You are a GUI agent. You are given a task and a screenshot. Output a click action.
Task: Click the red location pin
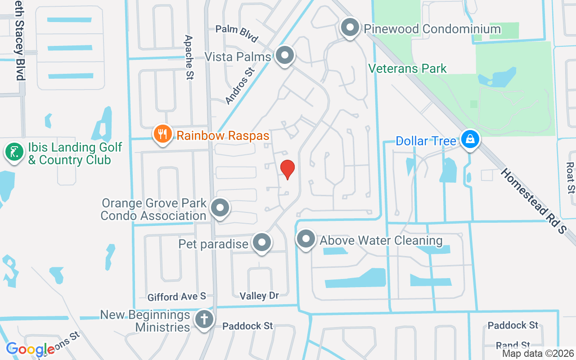click(x=288, y=169)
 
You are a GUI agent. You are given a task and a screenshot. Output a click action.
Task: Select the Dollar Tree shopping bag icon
click(x=470, y=139)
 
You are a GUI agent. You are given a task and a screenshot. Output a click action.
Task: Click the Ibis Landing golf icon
click(x=14, y=152)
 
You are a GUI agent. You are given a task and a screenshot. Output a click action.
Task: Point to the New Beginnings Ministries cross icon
click(x=204, y=320)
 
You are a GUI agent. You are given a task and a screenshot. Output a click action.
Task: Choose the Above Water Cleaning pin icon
click(x=306, y=239)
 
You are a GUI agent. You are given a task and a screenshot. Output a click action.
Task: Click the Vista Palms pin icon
click(x=284, y=56)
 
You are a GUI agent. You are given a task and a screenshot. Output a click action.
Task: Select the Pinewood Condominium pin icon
click(x=350, y=28)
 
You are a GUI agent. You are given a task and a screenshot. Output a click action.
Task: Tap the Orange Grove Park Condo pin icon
click(x=220, y=208)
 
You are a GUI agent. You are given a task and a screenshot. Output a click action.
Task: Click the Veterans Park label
click(x=407, y=68)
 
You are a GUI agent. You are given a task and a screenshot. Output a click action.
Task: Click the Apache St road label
click(x=189, y=57)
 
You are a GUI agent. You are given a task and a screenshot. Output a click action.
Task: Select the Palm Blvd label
click(x=236, y=33)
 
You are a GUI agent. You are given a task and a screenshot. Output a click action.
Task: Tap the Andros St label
click(x=240, y=86)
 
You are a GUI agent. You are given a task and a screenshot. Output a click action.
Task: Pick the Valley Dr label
click(x=259, y=296)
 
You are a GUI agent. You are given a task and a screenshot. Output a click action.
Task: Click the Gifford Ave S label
click(x=177, y=297)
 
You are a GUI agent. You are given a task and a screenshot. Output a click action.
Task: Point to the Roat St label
click(x=571, y=177)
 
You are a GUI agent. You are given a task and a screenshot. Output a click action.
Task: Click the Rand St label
click(x=513, y=345)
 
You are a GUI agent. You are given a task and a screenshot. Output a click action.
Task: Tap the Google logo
click(x=30, y=349)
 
